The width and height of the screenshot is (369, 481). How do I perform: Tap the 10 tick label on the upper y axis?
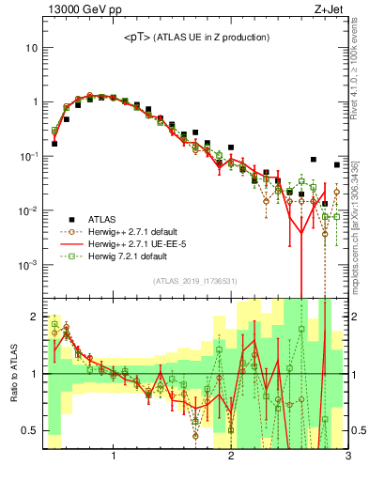click(32, 47)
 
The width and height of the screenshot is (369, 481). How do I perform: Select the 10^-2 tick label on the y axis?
click(29, 210)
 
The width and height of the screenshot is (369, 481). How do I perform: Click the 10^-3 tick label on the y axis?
click(29, 265)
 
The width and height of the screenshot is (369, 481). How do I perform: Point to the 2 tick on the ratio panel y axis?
click(34, 316)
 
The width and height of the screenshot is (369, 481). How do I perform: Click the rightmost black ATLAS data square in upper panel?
click(336, 164)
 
